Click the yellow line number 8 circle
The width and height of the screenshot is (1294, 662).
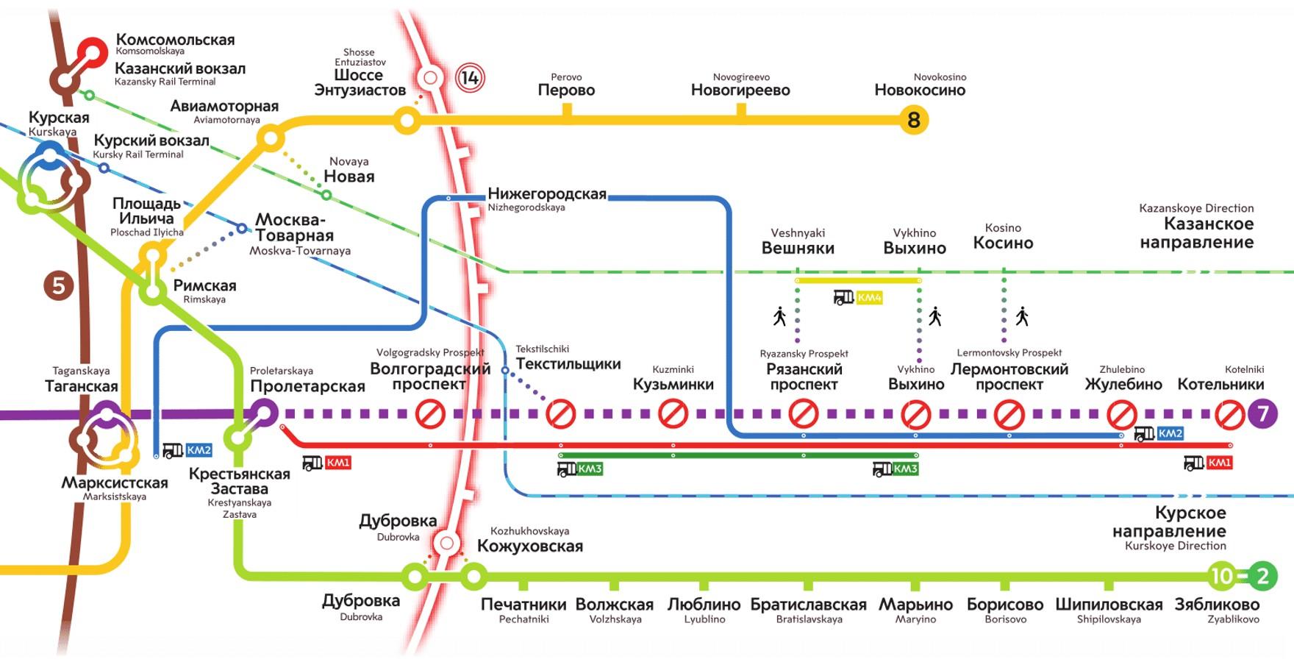click(x=914, y=120)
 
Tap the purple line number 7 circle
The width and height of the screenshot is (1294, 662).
click(x=1263, y=414)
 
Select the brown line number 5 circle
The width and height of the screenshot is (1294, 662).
click(x=59, y=285)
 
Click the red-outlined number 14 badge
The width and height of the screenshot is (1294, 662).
click(x=470, y=78)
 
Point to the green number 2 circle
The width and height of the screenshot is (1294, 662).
click(x=1263, y=576)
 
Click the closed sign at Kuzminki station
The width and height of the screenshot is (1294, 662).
click(x=673, y=414)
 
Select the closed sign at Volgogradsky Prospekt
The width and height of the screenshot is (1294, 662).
click(x=430, y=414)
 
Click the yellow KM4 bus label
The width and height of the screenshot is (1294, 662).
click(x=869, y=298)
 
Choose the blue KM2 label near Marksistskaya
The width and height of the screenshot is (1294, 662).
click(x=199, y=450)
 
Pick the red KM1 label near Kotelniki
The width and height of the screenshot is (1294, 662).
click(x=1219, y=463)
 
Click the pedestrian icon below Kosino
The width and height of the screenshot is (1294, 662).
click(x=1022, y=316)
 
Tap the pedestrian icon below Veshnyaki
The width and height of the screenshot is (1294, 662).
click(x=779, y=316)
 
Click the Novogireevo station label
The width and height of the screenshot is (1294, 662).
click(x=740, y=85)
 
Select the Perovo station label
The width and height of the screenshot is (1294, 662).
click(x=566, y=85)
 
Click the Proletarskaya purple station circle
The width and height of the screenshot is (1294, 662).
click(x=264, y=413)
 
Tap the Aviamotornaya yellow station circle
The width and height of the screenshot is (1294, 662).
click(x=271, y=138)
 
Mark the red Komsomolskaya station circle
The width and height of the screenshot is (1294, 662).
click(x=93, y=53)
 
